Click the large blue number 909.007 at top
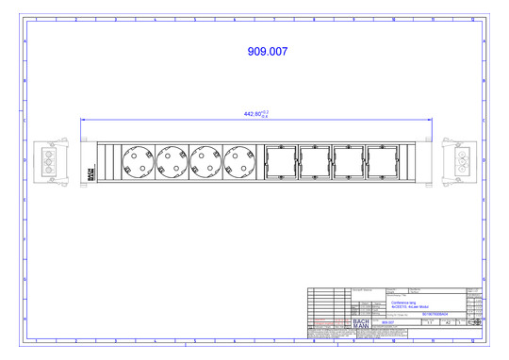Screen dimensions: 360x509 [x=267, y=52]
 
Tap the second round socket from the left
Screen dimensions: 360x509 [x=172, y=161]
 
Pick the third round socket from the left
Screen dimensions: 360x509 [x=205, y=161]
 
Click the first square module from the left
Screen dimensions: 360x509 [x=281, y=161]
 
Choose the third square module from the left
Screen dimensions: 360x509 [x=348, y=161]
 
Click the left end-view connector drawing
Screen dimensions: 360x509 [x=44, y=161]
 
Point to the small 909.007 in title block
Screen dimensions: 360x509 [x=388, y=322]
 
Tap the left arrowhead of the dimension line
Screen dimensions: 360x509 [x=83, y=120]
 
